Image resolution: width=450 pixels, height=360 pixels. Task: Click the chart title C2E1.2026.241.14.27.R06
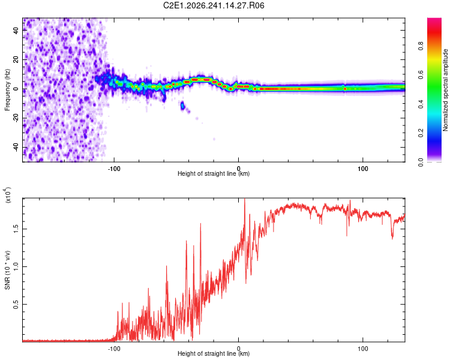[214, 5]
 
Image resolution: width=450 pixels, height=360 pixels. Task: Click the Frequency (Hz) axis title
[7, 89]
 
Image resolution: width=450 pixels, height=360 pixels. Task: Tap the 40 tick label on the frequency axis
[16, 30]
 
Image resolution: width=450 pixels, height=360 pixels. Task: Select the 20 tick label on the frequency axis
[16, 59]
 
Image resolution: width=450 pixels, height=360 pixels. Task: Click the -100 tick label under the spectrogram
[114, 169]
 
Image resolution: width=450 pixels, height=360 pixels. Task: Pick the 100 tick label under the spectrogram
[363, 169]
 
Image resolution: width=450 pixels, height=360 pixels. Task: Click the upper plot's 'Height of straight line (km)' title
[214, 173]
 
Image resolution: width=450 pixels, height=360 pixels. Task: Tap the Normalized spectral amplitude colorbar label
[445, 90]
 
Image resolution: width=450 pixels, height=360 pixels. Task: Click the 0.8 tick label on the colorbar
[421, 46]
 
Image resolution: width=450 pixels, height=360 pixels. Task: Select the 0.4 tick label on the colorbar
[421, 104]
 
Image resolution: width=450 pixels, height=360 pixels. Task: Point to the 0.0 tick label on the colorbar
[421, 162]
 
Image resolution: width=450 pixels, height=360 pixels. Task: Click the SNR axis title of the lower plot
[7, 270]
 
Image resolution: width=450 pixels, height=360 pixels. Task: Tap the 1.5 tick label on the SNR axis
[16, 229]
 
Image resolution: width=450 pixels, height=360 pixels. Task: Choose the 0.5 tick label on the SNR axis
[16, 304]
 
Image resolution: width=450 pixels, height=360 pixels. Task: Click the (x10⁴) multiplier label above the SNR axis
[7, 195]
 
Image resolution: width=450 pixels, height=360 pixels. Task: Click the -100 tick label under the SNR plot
[114, 349]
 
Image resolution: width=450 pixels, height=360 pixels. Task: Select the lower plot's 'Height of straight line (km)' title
[214, 353]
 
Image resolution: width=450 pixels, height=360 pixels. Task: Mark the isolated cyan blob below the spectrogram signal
[182, 106]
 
